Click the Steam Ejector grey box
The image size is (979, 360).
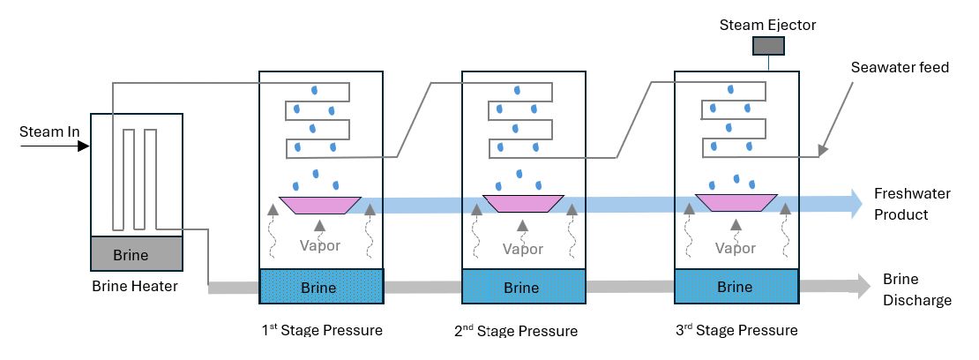coord(767,46)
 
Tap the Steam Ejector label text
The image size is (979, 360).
coord(767,25)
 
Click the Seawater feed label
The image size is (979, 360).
coord(900,67)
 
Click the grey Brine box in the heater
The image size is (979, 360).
coord(137,255)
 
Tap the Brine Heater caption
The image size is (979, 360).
coord(134,285)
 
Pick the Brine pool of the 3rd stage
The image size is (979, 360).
coord(735,287)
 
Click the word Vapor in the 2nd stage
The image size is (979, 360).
coord(523,249)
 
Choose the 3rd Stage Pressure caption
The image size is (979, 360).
coord(735,331)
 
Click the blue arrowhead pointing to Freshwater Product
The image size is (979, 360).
coord(855,204)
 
